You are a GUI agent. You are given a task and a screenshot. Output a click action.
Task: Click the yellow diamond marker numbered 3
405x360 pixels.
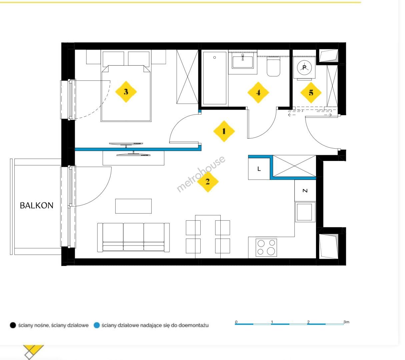coord(126,92)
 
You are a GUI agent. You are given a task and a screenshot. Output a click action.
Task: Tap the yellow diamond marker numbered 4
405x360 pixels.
coord(258,92)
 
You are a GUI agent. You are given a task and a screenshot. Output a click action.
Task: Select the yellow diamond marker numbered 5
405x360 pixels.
coord(311,93)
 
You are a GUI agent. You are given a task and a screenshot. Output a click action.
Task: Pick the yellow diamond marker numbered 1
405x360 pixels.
coord(224,131)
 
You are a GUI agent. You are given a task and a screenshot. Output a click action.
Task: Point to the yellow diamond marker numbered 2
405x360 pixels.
coord(208,181)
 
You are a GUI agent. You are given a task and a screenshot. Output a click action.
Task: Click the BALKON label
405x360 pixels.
coord(37,205)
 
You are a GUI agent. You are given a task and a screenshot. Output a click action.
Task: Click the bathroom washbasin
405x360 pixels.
coord(243,62)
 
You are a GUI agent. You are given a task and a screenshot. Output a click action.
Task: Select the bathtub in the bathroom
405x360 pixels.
coord(215,78)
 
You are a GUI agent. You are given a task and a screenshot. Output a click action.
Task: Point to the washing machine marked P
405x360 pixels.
coord(304,68)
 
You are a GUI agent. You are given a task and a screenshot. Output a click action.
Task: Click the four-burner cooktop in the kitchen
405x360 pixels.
coord(266,247)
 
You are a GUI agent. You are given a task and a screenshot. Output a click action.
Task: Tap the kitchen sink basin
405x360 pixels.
coord(304,212)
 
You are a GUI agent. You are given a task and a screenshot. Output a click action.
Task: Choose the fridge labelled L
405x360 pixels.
coord(259,169)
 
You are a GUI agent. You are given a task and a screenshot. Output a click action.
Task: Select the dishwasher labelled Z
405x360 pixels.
coord(305,190)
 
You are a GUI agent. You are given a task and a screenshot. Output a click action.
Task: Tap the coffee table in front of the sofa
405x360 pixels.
coord(133,206)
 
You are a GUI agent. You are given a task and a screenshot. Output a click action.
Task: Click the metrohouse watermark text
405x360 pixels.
coord(201,174)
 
